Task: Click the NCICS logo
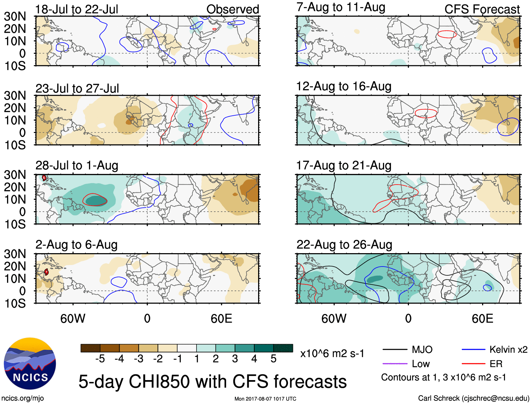(30, 364)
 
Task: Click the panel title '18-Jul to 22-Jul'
(77, 9)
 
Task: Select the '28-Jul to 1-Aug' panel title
(77, 165)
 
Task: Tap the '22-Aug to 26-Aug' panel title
(344, 244)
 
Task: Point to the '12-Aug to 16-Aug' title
(344, 86)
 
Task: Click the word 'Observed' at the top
(232, 9)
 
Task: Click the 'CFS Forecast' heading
(482, 9)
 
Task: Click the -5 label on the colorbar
(100, 359)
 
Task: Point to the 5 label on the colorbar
(274, 359)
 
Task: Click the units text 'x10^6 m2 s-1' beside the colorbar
(332, 353)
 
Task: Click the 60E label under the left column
(221, 319)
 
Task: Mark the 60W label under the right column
(334, 319)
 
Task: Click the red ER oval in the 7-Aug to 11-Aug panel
(447, 34)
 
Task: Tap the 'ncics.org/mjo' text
(23, 398)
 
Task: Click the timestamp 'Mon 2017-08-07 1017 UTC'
(265, 399)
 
